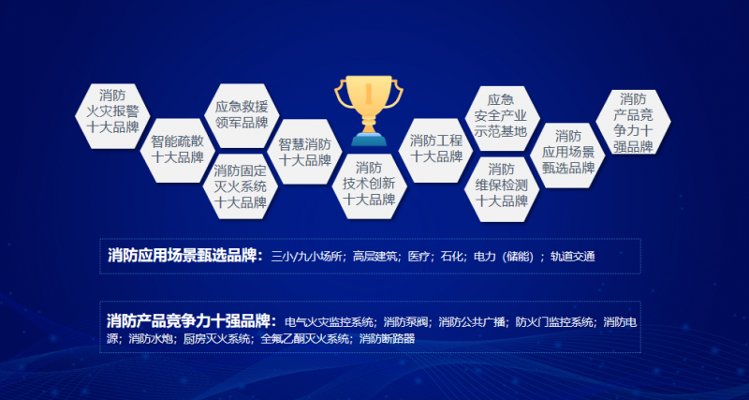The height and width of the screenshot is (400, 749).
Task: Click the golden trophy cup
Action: [x=368, y=111]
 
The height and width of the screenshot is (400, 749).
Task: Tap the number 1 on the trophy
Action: [x=368, y=93]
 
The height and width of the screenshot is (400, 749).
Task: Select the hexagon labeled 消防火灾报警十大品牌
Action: [x=112, y=116]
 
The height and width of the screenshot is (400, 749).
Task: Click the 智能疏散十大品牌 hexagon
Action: [x=178, y=150]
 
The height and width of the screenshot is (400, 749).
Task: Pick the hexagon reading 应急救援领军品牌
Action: [x=242, y=115]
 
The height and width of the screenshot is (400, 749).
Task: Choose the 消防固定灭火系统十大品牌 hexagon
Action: [x=241, y=186]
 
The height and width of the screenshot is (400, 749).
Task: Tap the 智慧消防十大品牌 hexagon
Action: [x=305, y=152]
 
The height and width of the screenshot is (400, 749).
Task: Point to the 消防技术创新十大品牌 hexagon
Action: [x=369, y=186]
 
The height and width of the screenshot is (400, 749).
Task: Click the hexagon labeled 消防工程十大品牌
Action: [x=435, y=150]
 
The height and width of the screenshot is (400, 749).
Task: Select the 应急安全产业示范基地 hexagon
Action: [x=502, y=118]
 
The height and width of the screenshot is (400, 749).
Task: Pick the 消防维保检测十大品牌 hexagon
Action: [x=502, y=189]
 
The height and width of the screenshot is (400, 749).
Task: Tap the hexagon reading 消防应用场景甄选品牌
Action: [x=567, y=155]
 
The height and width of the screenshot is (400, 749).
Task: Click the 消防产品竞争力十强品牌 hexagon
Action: [x=634, y=123]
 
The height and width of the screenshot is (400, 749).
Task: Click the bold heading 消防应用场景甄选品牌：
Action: [x=185, y=256]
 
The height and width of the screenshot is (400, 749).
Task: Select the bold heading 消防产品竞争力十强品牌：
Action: [x=192, y=320]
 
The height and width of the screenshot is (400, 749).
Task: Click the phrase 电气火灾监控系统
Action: [x=330, y=321]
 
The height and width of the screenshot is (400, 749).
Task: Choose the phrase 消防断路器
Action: [x=387, y=339]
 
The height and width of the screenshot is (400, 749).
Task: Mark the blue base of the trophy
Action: [x=369, y=139]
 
